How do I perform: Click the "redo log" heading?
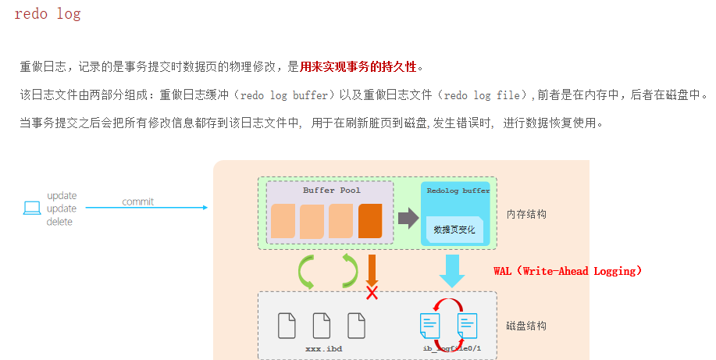click(48, 14)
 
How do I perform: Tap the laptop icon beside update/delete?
click(31, 208)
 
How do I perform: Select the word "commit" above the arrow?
click(138, 201)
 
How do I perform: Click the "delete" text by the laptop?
click(59, 222)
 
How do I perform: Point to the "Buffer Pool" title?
click(331, 190)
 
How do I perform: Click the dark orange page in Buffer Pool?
click(370, 220)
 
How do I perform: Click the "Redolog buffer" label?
click(458, 190)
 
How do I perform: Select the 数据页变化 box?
click(454, 230)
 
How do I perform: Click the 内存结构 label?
click(526, 213)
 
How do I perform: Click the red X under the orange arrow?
click(372, 293)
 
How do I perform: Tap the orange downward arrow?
click(372, 270)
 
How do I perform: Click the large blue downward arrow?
click(451, 270)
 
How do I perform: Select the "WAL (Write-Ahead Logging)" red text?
click(568, 271)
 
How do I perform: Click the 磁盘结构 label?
click(526, 326)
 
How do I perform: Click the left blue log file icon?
click(429, 325)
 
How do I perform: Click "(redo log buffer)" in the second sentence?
click(289, 95)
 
